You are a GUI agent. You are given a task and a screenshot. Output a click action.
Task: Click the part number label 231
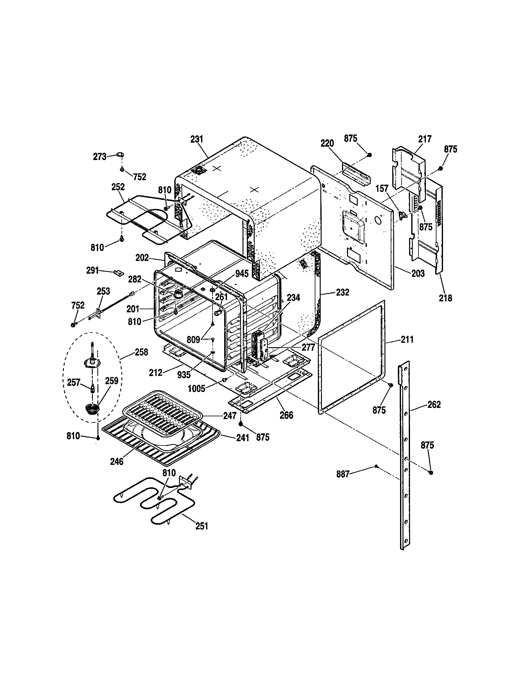click(x=197, y=139)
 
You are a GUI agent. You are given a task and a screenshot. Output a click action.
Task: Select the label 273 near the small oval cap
click(x=100, y=157)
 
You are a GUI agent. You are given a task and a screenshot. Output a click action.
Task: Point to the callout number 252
click(x=118, y=187)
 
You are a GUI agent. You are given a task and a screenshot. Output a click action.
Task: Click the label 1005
click(x=197, y=389)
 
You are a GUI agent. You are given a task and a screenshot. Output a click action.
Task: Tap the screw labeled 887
click(x=375, y=467)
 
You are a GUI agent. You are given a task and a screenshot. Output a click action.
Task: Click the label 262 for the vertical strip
click(x=434, y=405)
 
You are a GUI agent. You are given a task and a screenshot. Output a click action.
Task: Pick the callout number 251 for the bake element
click(x=202, y=526)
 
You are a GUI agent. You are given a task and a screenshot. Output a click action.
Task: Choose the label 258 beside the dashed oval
click(x=141, y=352)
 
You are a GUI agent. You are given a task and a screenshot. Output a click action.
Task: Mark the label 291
click(x=92, y=270)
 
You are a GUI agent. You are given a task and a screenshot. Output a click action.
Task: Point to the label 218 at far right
click(x=445, y=298)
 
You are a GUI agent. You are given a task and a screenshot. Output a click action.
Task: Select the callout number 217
click(x=425, y=139)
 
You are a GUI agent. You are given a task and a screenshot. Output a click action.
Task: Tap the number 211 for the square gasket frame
click(x=407, y=339)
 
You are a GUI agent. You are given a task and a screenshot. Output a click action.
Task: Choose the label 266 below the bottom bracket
click(x=286, y=415)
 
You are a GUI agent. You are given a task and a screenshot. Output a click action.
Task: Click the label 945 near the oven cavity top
click(x=242, y=273)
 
